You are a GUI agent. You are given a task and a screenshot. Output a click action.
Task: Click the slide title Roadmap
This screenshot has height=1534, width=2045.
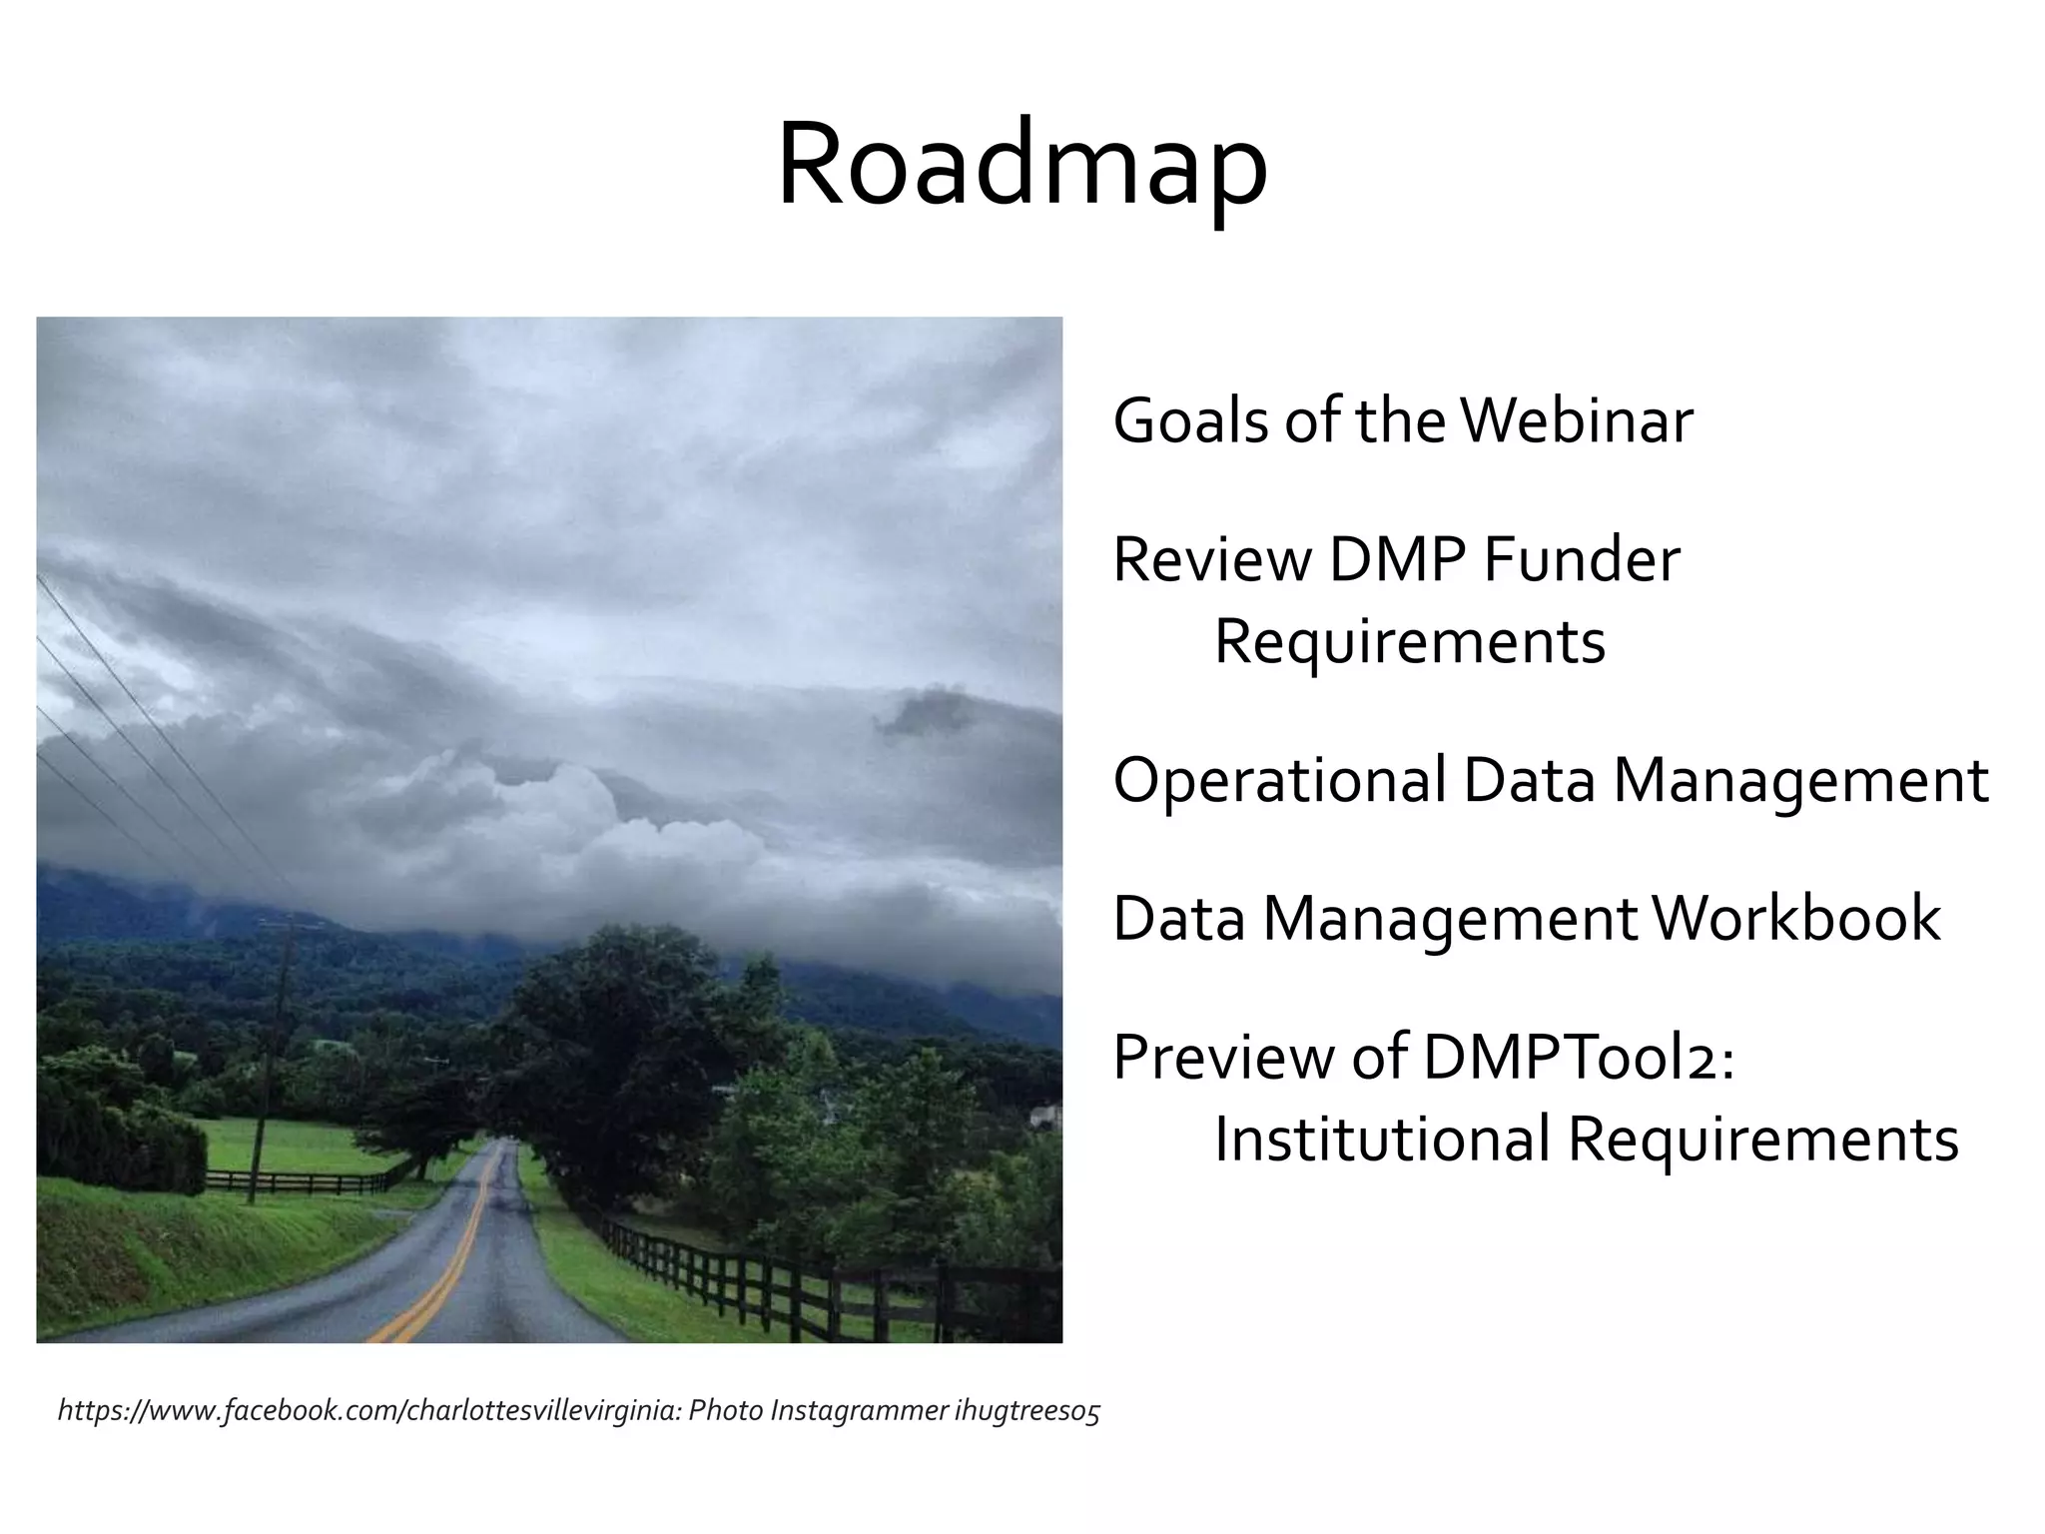tap(1022, 166)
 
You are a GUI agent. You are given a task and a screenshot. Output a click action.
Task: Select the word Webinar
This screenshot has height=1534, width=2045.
tap(1577, 420)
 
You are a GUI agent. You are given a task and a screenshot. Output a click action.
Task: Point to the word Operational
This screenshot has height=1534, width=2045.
tap(1279, 781)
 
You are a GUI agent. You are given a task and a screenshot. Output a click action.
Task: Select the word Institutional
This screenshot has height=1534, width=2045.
tap(1382, 1140)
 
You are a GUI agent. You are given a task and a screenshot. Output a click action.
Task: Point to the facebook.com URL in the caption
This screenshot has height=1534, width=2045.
tap(369, 1411)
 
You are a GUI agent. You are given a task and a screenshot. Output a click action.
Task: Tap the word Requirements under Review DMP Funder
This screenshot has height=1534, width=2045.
tap(1409, 641)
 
